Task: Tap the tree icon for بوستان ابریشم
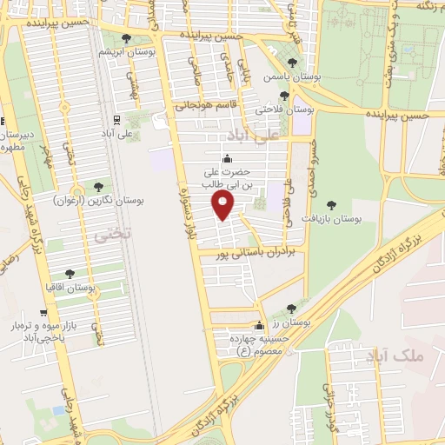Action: pos(127,38)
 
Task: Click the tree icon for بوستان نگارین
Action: pos(97,186)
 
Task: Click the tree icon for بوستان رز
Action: pos(290,309)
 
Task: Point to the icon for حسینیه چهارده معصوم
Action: pos(257,325)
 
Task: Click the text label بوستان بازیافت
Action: pos(332,219)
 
